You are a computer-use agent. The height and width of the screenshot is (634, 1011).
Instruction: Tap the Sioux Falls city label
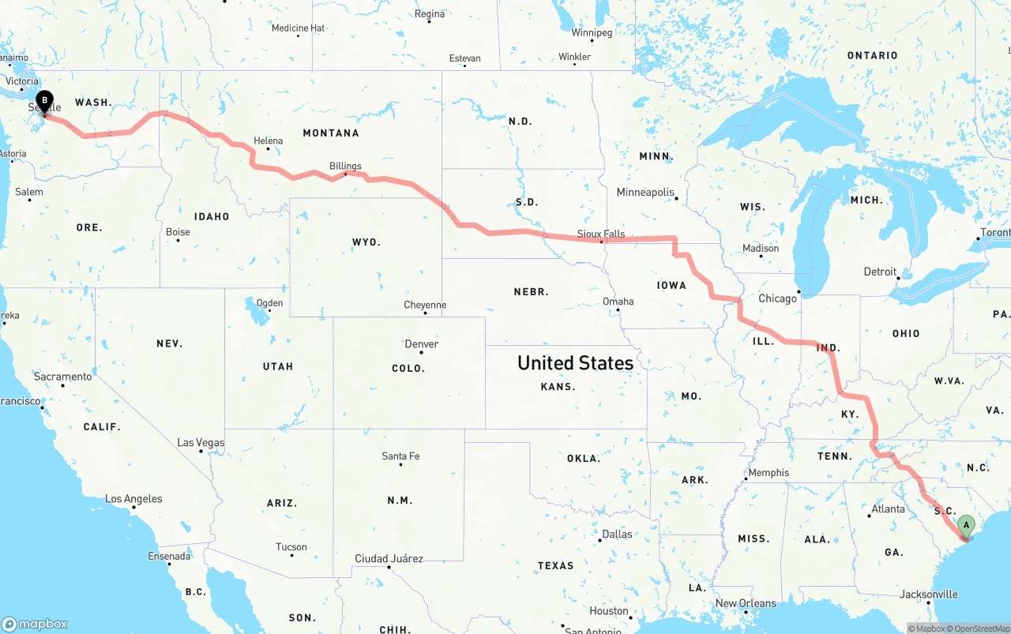(601, 234)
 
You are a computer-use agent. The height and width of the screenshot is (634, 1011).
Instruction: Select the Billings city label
(345, 166)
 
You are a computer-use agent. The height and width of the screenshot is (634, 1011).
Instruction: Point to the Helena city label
(268, 141)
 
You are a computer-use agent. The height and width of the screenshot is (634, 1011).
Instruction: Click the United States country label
(575, 362)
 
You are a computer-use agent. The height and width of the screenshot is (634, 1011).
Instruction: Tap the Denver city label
(421, 344)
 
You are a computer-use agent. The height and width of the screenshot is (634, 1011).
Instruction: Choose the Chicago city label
(777, 298)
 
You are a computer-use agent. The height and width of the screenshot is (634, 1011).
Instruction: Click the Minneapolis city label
(645, 193)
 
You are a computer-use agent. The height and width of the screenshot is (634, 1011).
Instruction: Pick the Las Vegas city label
(201, 443)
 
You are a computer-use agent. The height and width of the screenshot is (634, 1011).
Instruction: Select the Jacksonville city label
(929, 595)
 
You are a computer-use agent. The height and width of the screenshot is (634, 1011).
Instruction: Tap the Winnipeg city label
(592, 33)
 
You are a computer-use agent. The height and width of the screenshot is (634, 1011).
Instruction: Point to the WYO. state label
(366, 242)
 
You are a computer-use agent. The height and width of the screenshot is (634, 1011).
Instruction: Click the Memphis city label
(769, 473)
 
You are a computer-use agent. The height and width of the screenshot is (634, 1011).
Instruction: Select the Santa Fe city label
(400, 456)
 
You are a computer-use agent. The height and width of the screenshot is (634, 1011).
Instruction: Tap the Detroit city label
(880, 272)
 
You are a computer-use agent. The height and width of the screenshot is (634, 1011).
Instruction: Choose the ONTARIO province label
(872, 55)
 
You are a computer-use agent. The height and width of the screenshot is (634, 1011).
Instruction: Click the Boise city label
(178, 232)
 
